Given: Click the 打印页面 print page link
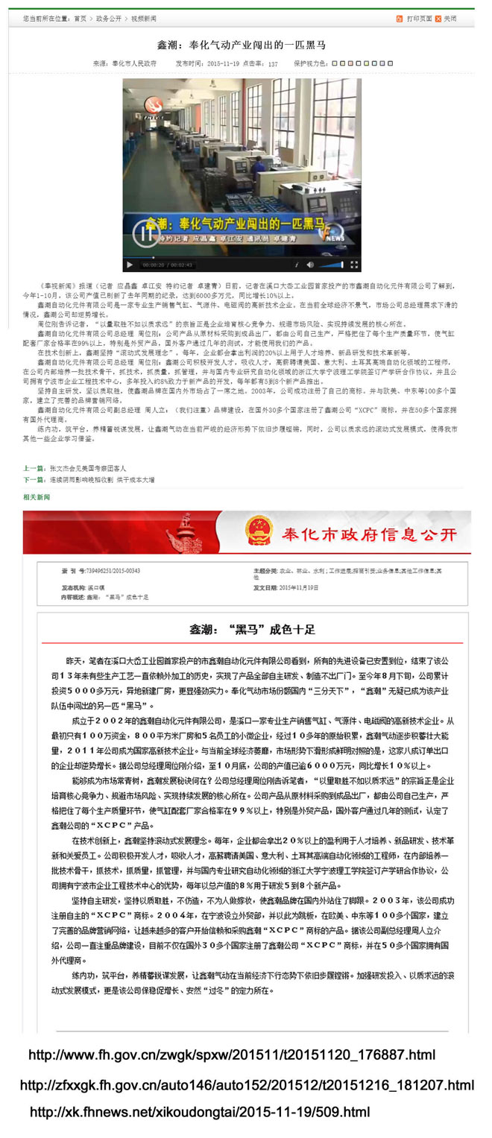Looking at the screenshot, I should (418, 18).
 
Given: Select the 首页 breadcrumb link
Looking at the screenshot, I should (80, 18).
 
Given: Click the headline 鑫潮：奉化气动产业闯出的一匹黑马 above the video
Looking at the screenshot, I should (242, 45).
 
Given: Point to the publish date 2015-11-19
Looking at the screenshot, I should (224, 64).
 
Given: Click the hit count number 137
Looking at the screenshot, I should (273, 64).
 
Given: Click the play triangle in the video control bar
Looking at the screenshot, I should (130, 265).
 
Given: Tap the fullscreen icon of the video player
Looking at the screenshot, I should (354, 265).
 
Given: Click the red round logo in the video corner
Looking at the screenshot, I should (154, 105).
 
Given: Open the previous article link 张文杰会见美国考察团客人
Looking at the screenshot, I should (88, 468).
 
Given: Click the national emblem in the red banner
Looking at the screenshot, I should (259, 532).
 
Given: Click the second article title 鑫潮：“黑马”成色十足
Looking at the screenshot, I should (253, 630).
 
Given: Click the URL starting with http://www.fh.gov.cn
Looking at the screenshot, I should (232, 1055).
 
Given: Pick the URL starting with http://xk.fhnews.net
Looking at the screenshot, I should (200, 1113).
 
